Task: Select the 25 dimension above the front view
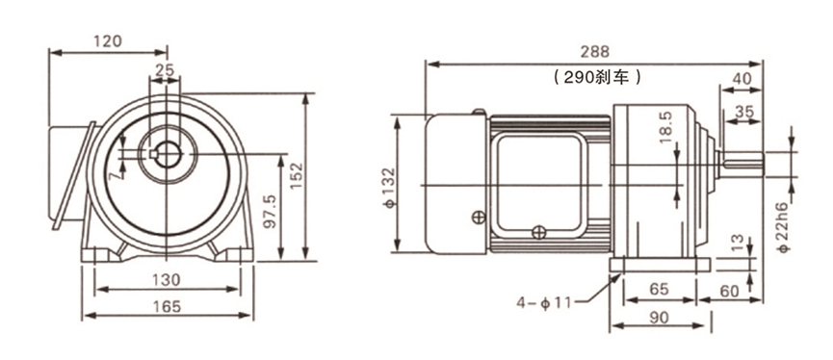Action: coord(165,70)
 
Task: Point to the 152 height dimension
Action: coord(297,172)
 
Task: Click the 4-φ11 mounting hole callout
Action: coord(546,301)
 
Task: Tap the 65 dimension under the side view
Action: coord(659,288)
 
